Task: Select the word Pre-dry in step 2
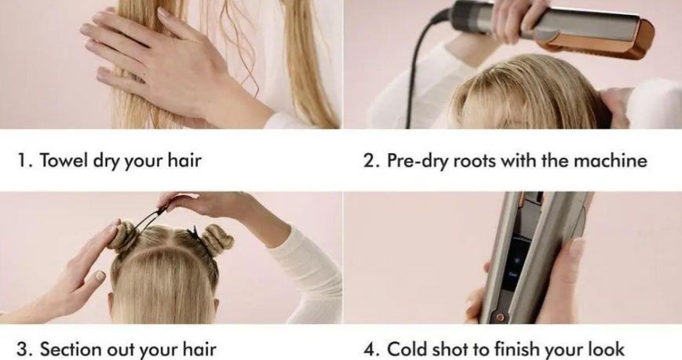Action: click(x=417, y=161)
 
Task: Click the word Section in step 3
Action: click(x=71, y=349)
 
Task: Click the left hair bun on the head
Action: click(x=123, y=237)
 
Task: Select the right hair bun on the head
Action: click(x=217, y=239)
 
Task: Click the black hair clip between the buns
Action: click(x=194, y=235)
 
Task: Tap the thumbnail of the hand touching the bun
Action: click(x=100, y=275)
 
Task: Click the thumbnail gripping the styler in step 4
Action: click(x=577, y=247)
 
